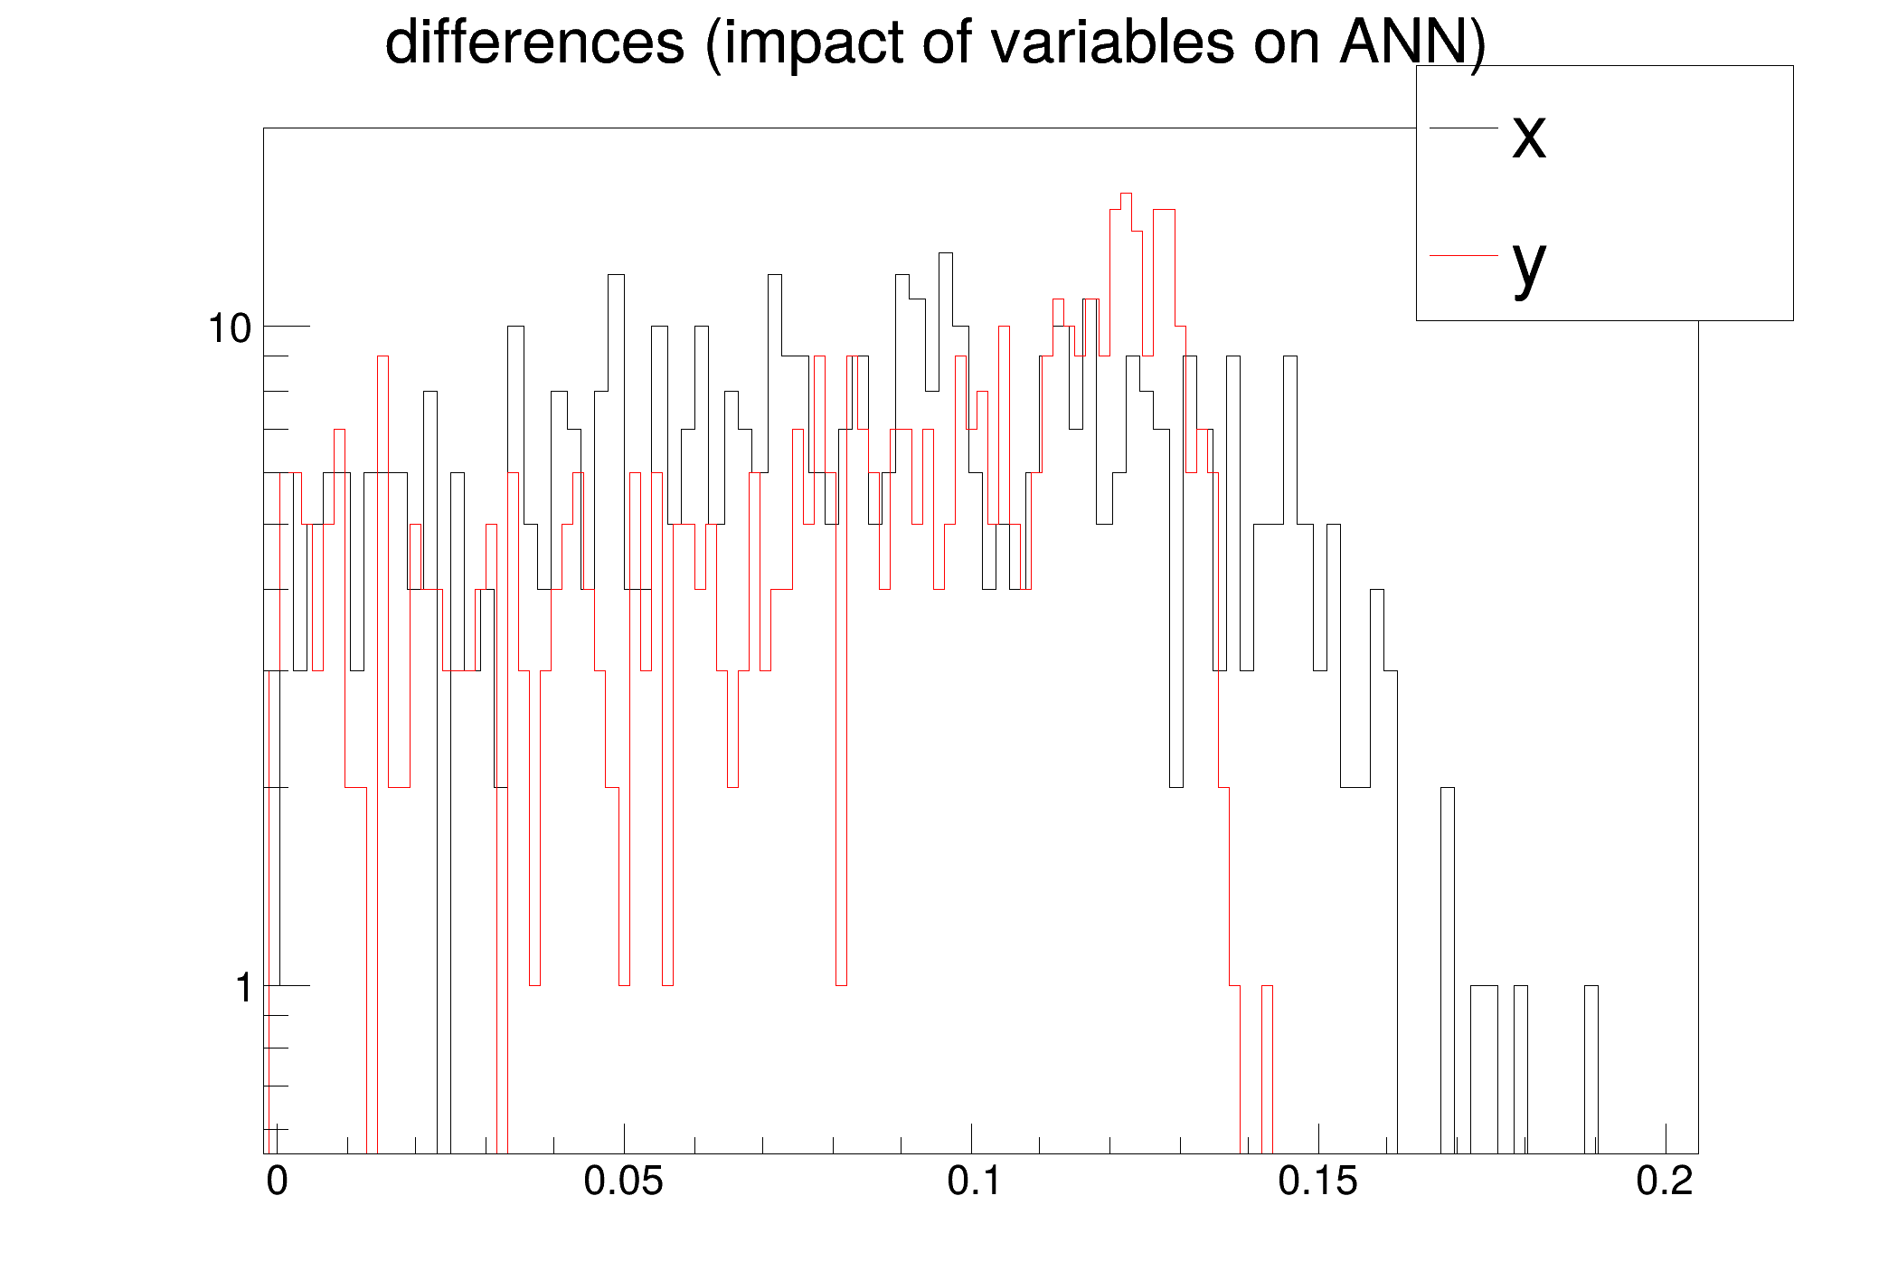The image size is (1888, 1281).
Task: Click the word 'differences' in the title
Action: point(534,43)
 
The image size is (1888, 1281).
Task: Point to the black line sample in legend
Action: point(1463,128)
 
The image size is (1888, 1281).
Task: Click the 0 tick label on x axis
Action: point(277,1181)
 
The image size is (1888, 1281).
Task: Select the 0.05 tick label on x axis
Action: point(623,1181)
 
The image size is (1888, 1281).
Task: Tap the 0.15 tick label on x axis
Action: point(1317,1181)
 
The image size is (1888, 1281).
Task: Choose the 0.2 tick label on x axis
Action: point(1664,1181)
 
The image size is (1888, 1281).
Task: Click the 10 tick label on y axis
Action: point(230,328)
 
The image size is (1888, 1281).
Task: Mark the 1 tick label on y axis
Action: point(243,988)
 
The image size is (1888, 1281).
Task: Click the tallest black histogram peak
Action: point(1126,195)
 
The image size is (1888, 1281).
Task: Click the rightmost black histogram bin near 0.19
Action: point(1591,988)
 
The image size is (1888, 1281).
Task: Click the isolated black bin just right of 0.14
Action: point(1267,988)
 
